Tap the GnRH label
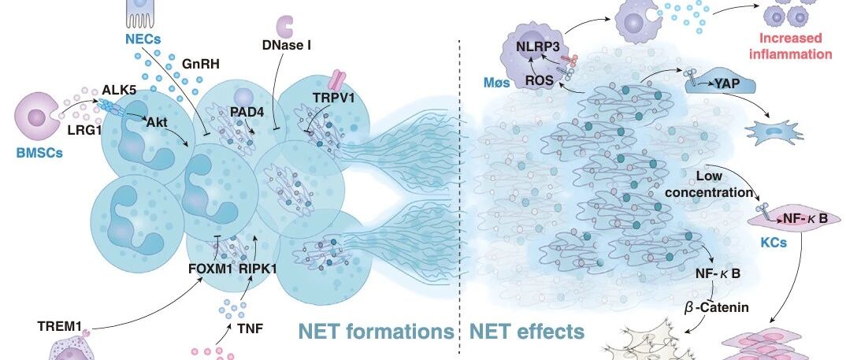click(200, 65)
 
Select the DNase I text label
click(287, 45)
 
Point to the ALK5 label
click(119, 90)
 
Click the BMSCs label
click(39, 153)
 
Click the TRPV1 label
click(331, 98)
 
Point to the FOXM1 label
click(210, 268)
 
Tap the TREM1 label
click(59, 326)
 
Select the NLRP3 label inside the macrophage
click(534, 46)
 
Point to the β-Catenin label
click(717, 308)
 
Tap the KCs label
click(774, 243)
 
